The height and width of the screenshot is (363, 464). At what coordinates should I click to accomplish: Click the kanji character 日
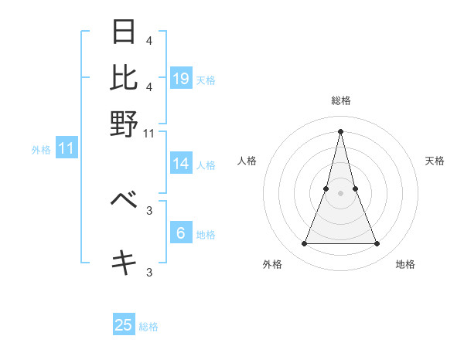pyautogui.click(x=124, y=32)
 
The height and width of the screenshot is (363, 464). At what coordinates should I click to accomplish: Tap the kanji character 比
pyautogui.click(x=124, y=78)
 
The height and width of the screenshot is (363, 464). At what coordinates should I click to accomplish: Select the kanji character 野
pyautogui.click(x=124, y=124)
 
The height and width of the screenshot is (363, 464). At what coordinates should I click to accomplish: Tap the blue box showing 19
pyautogui.click(x=181, y=78)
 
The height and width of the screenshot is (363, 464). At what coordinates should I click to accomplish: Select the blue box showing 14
pyautogui.click(x=181, y=164)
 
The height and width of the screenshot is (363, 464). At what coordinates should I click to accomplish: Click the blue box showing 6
pyautogui.click(x=181, y=233)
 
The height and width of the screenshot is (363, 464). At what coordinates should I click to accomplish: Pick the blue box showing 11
pyautogui.click(x=66, y=148)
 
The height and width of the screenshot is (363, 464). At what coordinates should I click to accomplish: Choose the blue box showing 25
pyautogui.click(x=124, y=325)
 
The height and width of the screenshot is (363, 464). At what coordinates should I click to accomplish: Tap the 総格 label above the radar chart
pyautogui.click(x=340, y=100)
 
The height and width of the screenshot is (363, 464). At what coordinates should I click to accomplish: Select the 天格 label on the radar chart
pyautogui.click(x=435, y=161)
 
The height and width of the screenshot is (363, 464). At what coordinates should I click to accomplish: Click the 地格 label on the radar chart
pyautogui.click(x=405, y=264)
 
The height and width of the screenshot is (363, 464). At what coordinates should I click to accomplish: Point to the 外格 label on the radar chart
pyautogui.click(x=272, y=264)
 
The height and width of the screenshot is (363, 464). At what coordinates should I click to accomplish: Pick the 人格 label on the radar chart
pyautogui.click(x=247, y=161)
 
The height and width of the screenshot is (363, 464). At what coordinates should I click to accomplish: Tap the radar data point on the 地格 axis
pyautogui.click(x=377, y=244)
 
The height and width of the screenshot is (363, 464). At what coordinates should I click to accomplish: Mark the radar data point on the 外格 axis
pyautogui.click(x=304, y=244)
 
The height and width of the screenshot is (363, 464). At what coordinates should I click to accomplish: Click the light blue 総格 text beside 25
pyautogui.click(x=148, y=327)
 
